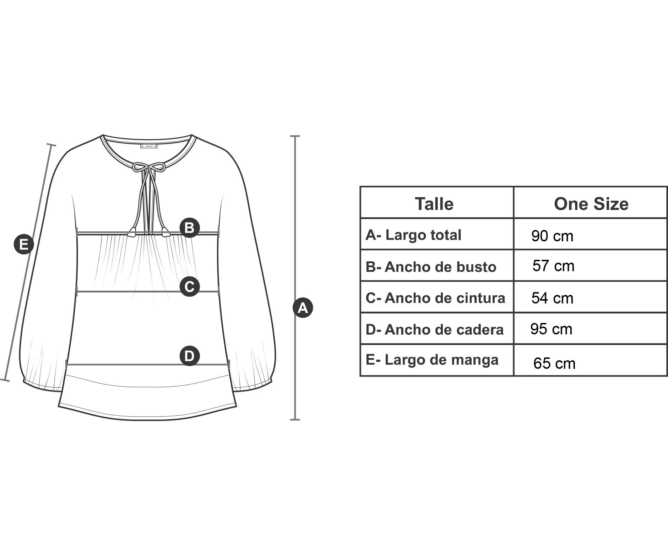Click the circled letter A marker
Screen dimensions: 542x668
coord(303,307)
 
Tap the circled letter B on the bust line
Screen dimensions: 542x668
coord(189,228)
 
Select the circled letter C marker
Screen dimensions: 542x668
coord(189,286)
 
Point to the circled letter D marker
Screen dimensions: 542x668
coord(189,356)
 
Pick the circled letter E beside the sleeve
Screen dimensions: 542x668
coord(23,244)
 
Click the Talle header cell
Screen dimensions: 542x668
coord(434,204)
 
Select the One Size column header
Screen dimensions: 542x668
coord(591,204)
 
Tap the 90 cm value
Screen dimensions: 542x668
coord(552,236)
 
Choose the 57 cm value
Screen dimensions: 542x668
coord(553,266)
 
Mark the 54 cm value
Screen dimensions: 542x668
coord(552,298)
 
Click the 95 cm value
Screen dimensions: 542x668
coord(551,329)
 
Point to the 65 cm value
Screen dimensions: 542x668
coord(554,363)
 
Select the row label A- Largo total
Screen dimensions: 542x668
coord(413,235)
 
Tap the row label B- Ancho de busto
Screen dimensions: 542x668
coord(431,267)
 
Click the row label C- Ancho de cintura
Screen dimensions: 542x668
coord(435,298)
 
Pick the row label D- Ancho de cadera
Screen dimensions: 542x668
coord(435,330)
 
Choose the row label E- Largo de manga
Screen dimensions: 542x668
coord(432,360)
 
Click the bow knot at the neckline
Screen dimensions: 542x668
coord(149,168)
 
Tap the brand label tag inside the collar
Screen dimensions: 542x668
coord(149,146)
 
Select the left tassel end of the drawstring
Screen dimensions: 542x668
coord(132,232)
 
